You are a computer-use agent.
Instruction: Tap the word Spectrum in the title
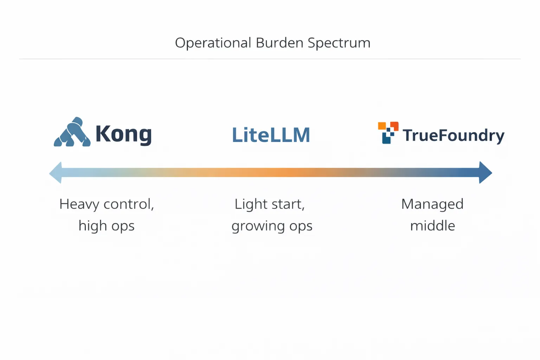point(339,43)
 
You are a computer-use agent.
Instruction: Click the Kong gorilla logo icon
point(72,133)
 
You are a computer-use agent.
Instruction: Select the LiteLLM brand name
point(271,135)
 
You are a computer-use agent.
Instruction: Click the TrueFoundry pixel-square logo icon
point(388,133)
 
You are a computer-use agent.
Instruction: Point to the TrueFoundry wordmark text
point(454,136)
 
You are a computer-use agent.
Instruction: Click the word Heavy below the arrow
point(79,204)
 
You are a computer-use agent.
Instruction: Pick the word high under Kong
point(91,226)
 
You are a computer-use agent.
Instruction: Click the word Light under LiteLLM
point(251,204)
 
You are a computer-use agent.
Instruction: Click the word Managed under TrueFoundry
point(432,204)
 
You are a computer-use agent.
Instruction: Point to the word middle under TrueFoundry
point(432,226)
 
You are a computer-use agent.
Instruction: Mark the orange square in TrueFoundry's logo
point(382,126)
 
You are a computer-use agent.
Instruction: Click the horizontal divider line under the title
point(270,59)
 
